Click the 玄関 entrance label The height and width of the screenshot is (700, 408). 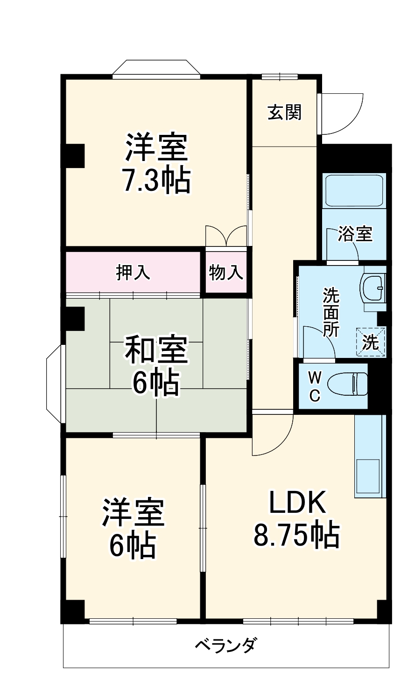click(x=284, y=112)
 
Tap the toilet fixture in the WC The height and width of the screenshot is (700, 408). click(x=347, y=385)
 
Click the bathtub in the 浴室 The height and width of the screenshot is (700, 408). click(x=354, y=190)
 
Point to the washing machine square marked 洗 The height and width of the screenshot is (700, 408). click(x=371, y=343)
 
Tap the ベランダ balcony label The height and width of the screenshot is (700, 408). click(x=225, y=646)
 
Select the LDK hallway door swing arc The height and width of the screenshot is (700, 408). click(x=273, y=436)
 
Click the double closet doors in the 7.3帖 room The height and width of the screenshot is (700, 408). click(x=226, y=236)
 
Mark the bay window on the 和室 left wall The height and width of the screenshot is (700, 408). click(x=55, y=384)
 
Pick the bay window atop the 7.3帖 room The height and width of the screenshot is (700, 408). click(x=156, y=68)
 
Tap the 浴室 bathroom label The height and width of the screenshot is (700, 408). click(x=356, y=234)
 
